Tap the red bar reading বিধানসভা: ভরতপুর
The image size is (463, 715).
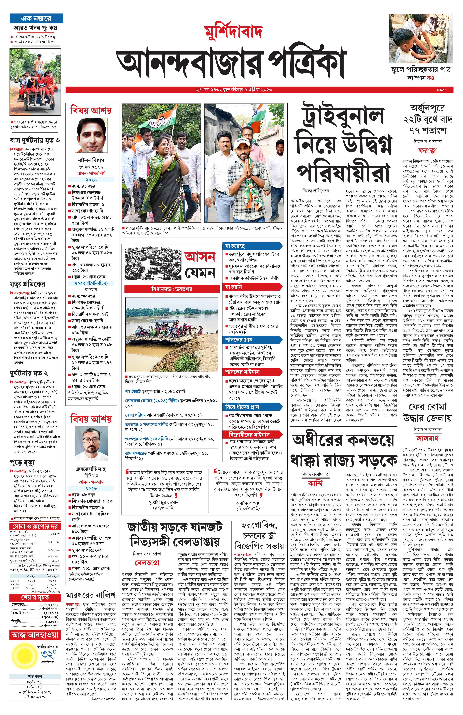pyautogui.click(x=172, y=289)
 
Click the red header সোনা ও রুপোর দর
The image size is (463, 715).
pyautogui.click(x=35, y=526)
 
